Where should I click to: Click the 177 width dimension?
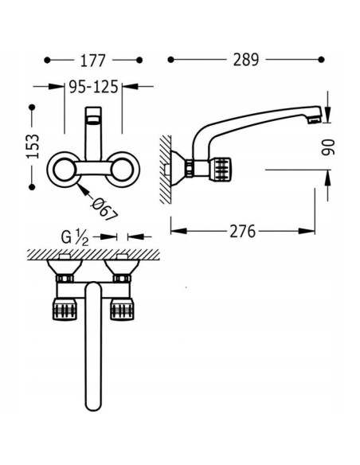pyautogui.click(x=93, y=61)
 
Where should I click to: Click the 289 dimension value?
pyautogui.click(x=246, y=60)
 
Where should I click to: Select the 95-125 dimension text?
pyautogui.click(x=93, y=87)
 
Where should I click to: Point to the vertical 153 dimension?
pyautogui.click(x=33, y=147)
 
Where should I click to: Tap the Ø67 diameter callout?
pyautogui.click(x=104, y=209)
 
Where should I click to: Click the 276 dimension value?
pyautogui.click(x=242, y=232)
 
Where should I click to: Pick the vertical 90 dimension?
pyautogui.click(x=327, y=147)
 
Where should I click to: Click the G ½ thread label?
pyautogui.click(x=75, y=237)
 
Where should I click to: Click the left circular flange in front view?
pyautogui.click(x=64, y=170)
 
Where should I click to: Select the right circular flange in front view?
pyautogui.click(x=122, y=170)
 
